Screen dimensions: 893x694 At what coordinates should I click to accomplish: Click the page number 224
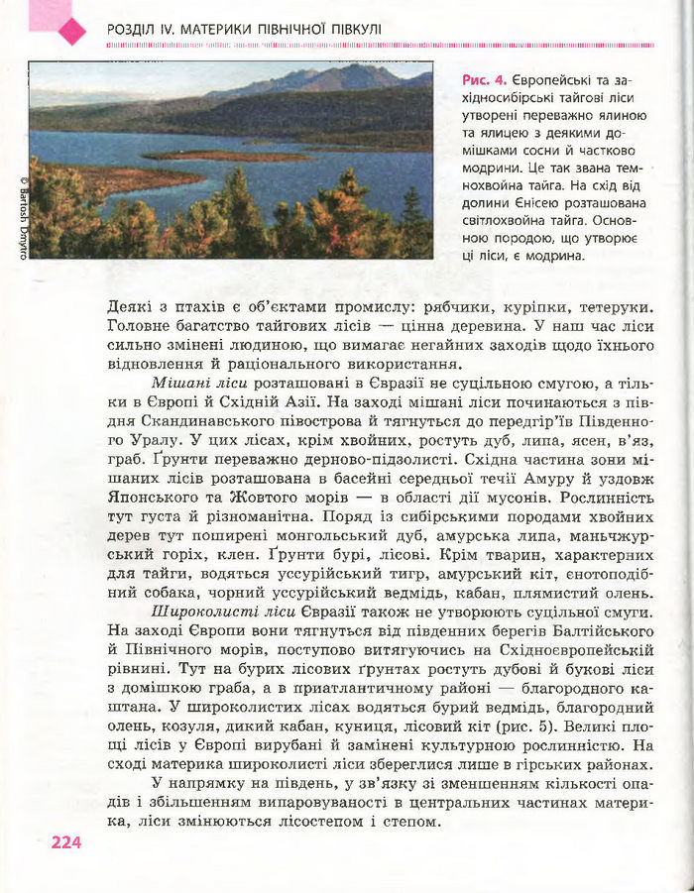click(65, 843)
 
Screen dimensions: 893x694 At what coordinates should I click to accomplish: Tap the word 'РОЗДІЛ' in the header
click(133, 31)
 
